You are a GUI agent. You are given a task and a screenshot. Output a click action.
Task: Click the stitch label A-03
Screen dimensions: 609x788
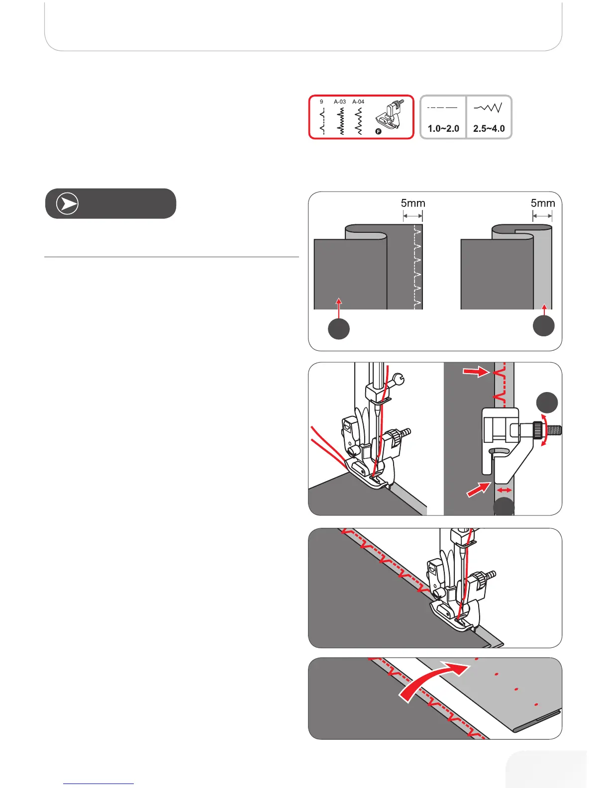pyautogui.click(x=340, y=101)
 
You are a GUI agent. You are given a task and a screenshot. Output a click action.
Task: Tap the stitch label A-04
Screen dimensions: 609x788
pyautogui.click(x=358, y=101)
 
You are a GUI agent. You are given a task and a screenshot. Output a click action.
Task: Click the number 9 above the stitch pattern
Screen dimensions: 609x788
pyautogui.click(x=321, y=101)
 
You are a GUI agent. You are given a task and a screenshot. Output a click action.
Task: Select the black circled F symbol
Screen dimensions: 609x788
pyautogui.click(x=378, y=132)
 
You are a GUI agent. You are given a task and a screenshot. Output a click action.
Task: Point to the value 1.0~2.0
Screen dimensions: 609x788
pyautogui.click(x=443, y=129)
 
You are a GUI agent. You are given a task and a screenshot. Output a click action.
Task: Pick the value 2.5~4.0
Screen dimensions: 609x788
pyautogui.click(x=489, y=129)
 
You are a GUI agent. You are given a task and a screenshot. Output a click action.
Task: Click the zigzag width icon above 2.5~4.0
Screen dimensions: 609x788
pyautogui.click(x=488, y=107)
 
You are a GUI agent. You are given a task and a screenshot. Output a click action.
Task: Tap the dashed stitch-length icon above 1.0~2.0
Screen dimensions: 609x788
pyautogui.click(x=442, y=107)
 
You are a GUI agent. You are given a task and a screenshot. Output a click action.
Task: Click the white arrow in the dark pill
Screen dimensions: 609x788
pyautogui.click(x=67, y=204)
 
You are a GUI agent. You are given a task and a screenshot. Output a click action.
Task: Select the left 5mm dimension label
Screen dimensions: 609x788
pyautogui.click(x=413, y=203)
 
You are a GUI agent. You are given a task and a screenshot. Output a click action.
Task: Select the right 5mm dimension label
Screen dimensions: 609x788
pyautogui.click(x=543, y=203)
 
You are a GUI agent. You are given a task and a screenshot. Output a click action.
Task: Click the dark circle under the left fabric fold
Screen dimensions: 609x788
pyautogui.click(x=339, y=329)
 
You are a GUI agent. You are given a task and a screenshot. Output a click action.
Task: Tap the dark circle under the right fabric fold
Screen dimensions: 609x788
pyautogui.click(x=544, y=326)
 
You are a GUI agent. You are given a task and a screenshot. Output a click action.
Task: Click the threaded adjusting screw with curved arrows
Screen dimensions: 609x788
pyautogui.click(x=547, y=429)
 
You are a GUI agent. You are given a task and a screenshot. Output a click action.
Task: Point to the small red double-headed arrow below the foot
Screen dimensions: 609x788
pyautogui.click(x=505, y=491)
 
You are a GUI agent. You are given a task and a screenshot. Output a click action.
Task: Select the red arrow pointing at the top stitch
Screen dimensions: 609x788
pyautogui.click(x=476, y=372)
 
